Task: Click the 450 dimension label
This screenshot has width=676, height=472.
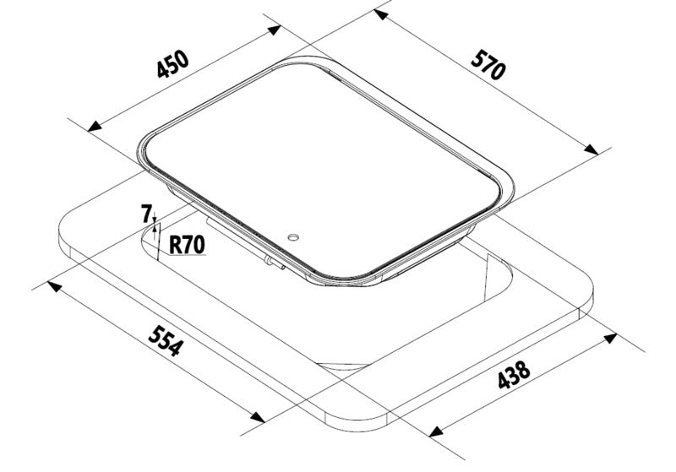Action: coord(173,64)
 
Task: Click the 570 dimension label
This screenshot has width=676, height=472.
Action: coord(488,65)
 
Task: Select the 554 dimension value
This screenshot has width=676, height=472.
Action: coord(166,341)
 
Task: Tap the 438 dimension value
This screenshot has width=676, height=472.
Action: coord(514,375)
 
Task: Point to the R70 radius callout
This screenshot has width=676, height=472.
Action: coord(187,245)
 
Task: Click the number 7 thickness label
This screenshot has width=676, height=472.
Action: coord(146,214)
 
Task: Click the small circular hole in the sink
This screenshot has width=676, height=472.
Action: coord(293,237)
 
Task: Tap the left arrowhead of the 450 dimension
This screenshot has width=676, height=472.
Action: coord(94,126)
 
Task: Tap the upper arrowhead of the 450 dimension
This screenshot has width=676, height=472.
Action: coord(274,30)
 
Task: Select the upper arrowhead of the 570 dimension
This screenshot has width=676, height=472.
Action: coord(380,15)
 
